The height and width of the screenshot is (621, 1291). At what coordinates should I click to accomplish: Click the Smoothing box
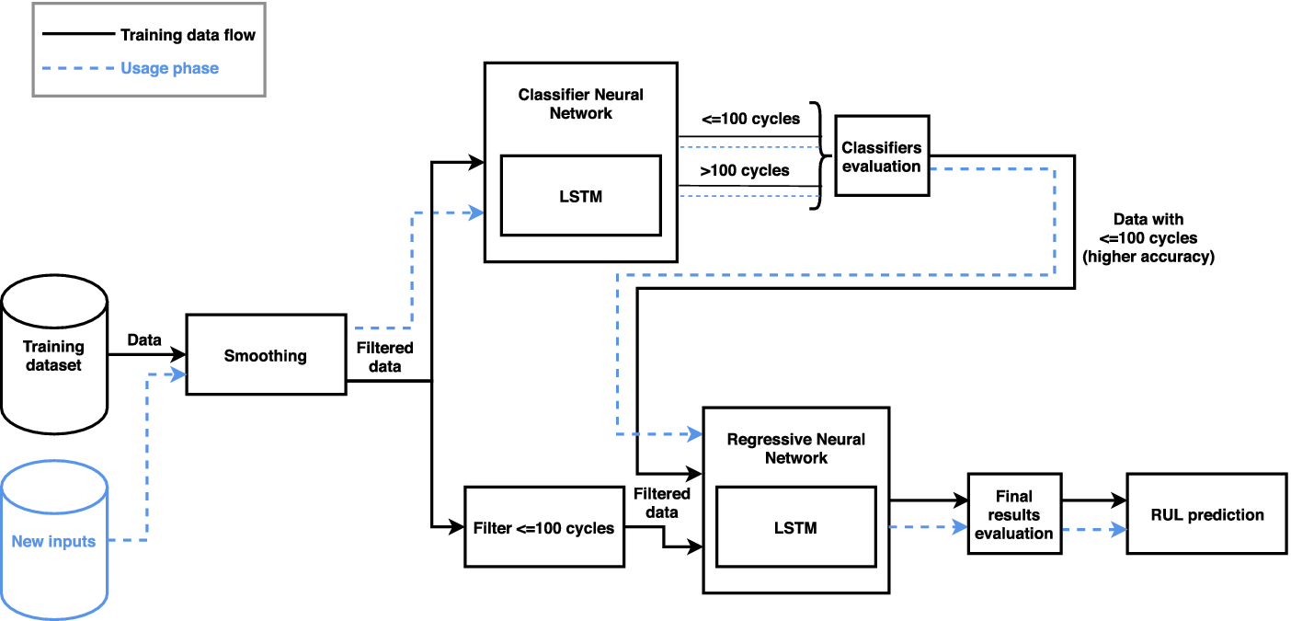tap(266, 355)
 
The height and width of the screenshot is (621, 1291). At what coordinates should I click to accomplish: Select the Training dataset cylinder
tap(53, 355)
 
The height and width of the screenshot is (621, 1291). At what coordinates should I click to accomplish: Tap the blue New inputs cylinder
tap(53, 541)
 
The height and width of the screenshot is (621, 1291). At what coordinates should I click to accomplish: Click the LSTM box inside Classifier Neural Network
tap(580, 195)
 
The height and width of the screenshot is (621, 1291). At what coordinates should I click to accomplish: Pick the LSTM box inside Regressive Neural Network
tap(795, 527)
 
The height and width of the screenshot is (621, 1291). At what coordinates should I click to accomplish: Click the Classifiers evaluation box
tap(881, 155)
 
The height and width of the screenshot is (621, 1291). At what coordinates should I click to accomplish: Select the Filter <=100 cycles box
tap(543, 527)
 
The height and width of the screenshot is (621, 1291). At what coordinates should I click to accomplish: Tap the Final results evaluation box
tap(1013, 514)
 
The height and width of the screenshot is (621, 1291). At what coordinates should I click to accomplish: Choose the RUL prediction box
tap(1206, 514)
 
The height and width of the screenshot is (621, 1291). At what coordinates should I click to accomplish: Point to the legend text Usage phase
tap(169, 68)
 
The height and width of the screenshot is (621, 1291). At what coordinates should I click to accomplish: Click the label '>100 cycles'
tap(745, 170)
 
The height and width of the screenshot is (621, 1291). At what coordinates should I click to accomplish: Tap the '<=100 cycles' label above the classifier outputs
tap(749, 119)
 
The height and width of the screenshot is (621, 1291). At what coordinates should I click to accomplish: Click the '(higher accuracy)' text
tap(1148, 257)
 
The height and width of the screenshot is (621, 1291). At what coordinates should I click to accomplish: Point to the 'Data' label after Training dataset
tap(144, 339)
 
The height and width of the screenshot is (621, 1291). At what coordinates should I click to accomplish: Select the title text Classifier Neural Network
tap(580, 104)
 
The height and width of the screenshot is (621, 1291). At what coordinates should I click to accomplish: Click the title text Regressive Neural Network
tap(795, 448)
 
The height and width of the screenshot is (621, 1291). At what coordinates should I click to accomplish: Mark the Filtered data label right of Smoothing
tap(384, 357)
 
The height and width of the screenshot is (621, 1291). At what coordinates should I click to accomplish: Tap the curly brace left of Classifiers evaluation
tap(815, 155)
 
